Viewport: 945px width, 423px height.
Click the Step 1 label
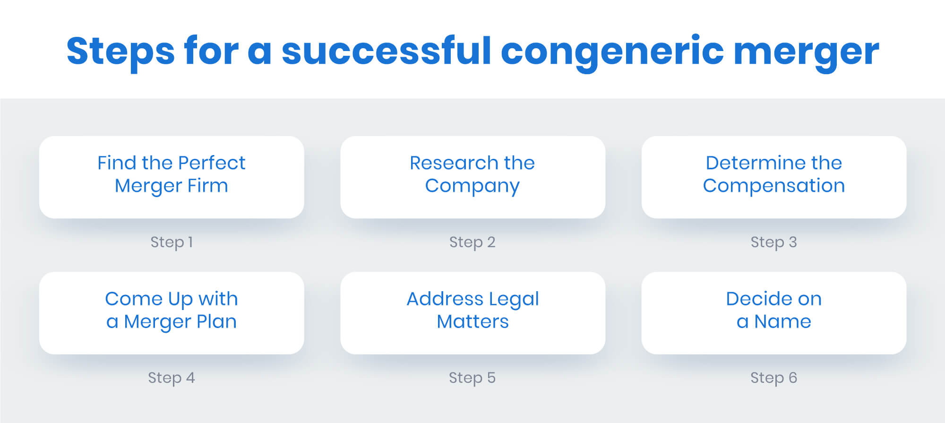point(172,242)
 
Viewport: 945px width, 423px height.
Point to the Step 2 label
point(472,242)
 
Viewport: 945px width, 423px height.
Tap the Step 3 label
point(773,242)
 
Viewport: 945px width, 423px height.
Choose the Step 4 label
point(171,378)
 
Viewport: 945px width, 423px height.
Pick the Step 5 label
point(472,378)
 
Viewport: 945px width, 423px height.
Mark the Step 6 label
point(773,378)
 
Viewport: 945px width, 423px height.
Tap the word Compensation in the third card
point(773,186)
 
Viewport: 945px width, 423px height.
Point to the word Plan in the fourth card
point(216,322)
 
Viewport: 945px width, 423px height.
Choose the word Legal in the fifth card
point(514,299)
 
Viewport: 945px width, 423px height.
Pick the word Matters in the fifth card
point(472,322)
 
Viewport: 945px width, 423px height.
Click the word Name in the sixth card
point(782,322)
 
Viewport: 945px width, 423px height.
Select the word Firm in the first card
point(207,186)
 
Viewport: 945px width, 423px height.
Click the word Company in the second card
point(472,186)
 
